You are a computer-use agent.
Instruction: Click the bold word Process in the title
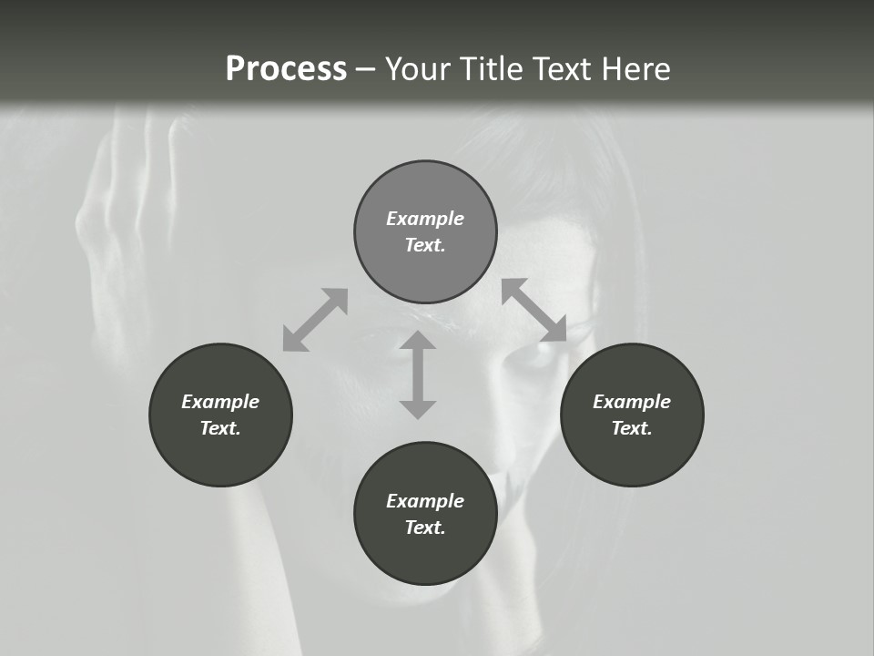tap(286, 69)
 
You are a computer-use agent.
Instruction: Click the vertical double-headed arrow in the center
tap(418, 374)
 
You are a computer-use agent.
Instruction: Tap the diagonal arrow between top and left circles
tap(315, 320)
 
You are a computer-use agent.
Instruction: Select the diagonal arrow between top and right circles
tap(534, 310)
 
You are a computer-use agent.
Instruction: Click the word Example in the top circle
tap(425, 219)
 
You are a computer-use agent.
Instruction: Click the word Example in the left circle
tap(220, 402)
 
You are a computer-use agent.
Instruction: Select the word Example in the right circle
tap(632, 402)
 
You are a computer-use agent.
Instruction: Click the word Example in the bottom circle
tap(425, 501)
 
